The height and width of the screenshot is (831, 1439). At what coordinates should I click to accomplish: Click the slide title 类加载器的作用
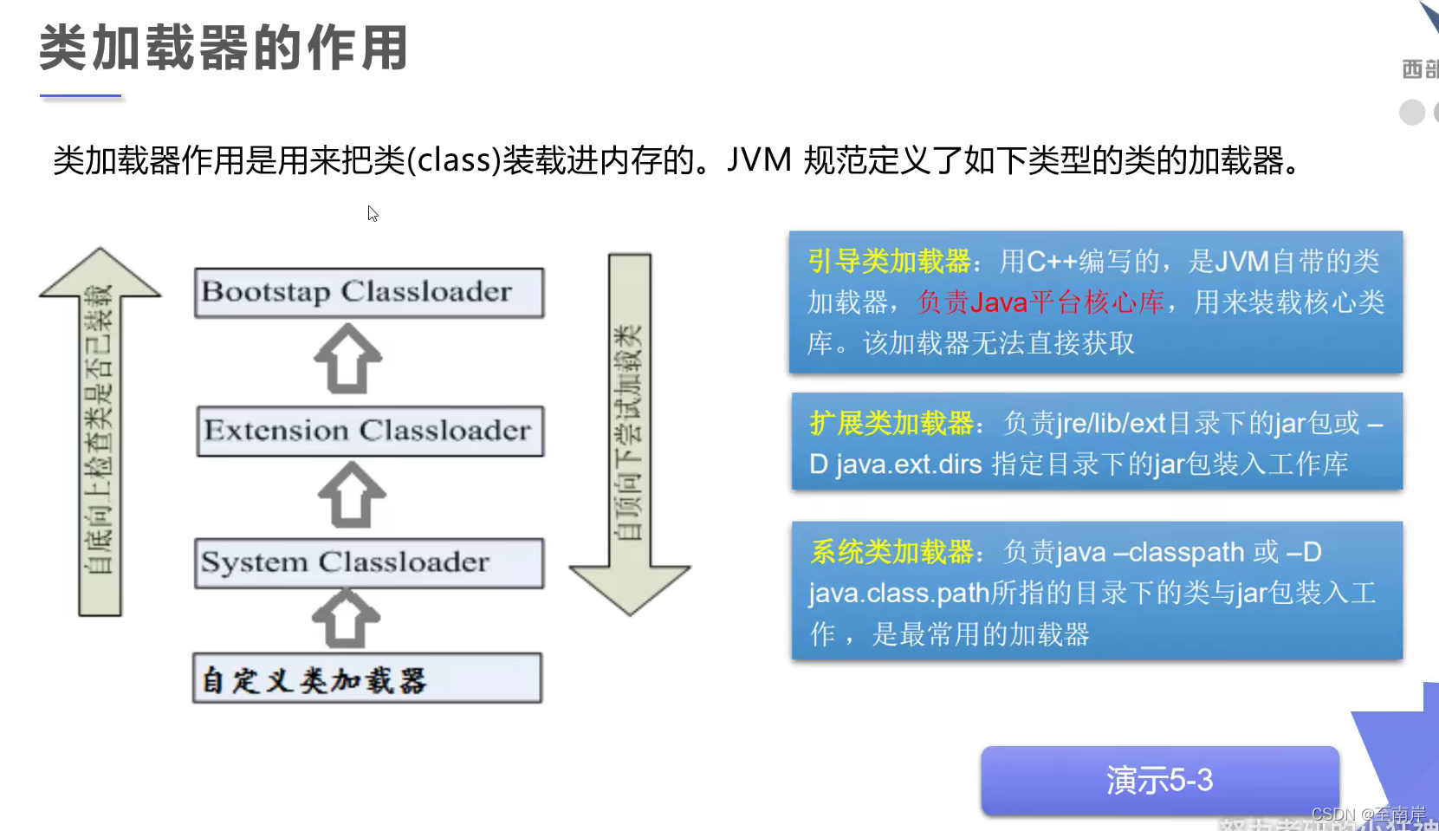click(224, 48)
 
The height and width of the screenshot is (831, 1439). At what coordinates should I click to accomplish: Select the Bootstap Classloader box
click(369, 293)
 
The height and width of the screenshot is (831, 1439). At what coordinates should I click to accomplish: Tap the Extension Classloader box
click(370, 431)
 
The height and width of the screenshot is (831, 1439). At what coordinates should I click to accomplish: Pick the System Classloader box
click(369, 563)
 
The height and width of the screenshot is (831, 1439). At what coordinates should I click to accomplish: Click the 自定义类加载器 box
click(367, 678)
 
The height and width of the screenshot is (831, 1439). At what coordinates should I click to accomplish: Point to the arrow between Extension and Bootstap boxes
click(347, 359)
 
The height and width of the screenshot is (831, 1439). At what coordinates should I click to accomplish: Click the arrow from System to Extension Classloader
click(351, 495)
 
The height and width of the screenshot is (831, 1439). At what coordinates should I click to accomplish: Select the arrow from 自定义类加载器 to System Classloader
click(346, 619)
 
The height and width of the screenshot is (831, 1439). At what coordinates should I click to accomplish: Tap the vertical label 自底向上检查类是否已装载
click(99, 429)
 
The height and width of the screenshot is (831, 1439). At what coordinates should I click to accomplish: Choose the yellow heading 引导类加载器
click(890, 261)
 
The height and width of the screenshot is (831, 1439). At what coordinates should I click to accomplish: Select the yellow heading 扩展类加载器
click(891, 423)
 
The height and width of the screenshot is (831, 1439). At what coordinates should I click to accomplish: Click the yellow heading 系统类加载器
click(892, 552)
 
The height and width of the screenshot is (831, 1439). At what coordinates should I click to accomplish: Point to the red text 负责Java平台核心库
click(1040, 302)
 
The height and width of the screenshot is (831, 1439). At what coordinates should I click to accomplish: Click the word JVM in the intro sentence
click(759, 160)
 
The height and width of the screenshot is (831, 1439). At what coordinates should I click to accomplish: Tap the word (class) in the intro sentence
click(454, 160)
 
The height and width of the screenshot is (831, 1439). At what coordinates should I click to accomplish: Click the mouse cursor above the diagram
click(373, 213)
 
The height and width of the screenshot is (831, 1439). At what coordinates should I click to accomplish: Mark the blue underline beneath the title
click(81, 96)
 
